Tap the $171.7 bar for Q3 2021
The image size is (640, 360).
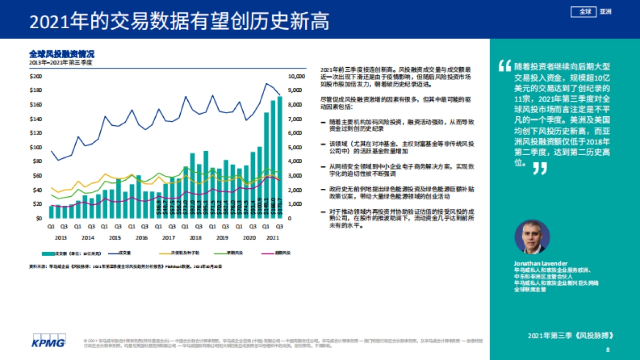(279, 160)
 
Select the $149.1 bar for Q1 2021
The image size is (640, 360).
(266, 171)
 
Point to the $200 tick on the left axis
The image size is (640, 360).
(36, 76)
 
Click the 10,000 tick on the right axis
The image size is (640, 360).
(296, 76)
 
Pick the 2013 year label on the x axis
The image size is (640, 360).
(61, 237)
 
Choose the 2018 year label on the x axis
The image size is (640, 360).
(196, 237)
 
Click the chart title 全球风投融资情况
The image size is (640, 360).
(61, 54)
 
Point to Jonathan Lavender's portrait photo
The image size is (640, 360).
(532, 237)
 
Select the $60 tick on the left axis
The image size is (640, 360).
(37, 175)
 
